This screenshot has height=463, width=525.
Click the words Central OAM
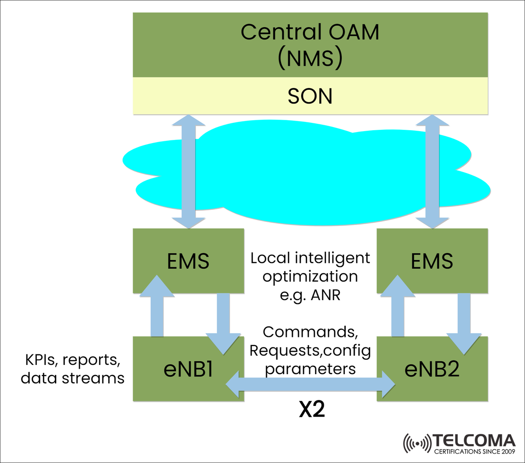(309, 32)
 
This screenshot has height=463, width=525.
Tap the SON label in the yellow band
(309, 96)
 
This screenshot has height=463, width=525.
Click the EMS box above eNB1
(187, 261)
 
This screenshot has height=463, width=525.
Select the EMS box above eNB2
(432, 261)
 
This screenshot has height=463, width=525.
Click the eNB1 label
(188, 370)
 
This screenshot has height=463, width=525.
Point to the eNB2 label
(432, 370)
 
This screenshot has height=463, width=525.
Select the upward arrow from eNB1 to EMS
(157, 308)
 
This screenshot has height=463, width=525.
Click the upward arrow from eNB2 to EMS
(398, 308)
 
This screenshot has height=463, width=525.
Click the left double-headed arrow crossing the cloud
(188, 172)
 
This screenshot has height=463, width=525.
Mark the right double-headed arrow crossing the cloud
(433, 172)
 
